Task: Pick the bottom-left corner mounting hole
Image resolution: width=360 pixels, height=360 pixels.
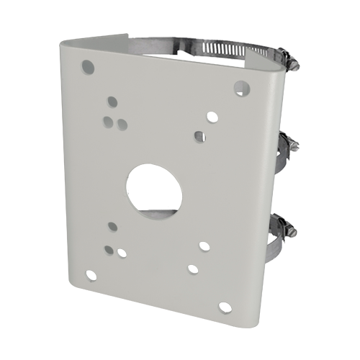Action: pyautogui.click(x=89, y=274)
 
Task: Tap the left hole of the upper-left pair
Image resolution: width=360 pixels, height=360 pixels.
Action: pyautogui.click(x=107, y=120)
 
